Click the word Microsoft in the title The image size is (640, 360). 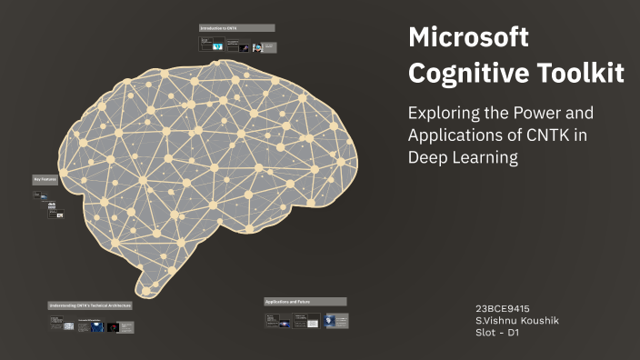point(468,39)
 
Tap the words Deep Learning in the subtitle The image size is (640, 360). point(463,157)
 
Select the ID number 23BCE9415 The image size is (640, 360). point(503,308)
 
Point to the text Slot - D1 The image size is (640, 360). point(498,332)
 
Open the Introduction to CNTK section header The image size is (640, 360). point(236,28)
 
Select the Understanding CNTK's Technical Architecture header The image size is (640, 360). point(91,305)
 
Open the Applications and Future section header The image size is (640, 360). point(305,301)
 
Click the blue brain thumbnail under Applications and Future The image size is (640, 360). point(341,320)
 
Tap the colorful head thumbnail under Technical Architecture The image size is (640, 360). point(112,326)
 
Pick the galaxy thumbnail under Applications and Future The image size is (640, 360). point(297,320)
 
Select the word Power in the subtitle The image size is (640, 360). point(555,115)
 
